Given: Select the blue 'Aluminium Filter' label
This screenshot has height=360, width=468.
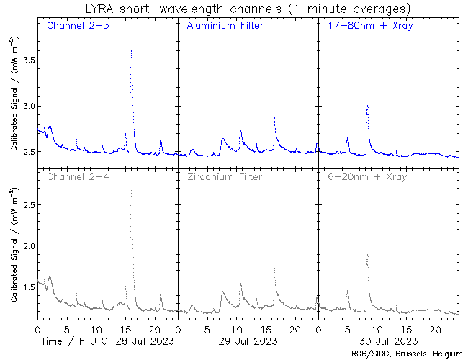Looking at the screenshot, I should (x=225, y=26).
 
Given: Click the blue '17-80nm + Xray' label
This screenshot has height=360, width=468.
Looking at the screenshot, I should (x=364, y=26).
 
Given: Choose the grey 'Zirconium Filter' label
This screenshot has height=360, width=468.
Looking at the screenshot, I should (x=225, y=176).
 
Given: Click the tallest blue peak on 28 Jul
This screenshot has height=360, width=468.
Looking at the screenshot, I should (x=131, y=51).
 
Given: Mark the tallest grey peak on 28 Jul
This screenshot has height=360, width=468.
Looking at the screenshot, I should (x=131, y=191).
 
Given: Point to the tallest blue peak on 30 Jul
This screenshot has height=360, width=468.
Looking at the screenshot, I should (x=367, y=105).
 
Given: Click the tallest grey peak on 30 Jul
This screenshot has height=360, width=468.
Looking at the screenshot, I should (x=367, y=254).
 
